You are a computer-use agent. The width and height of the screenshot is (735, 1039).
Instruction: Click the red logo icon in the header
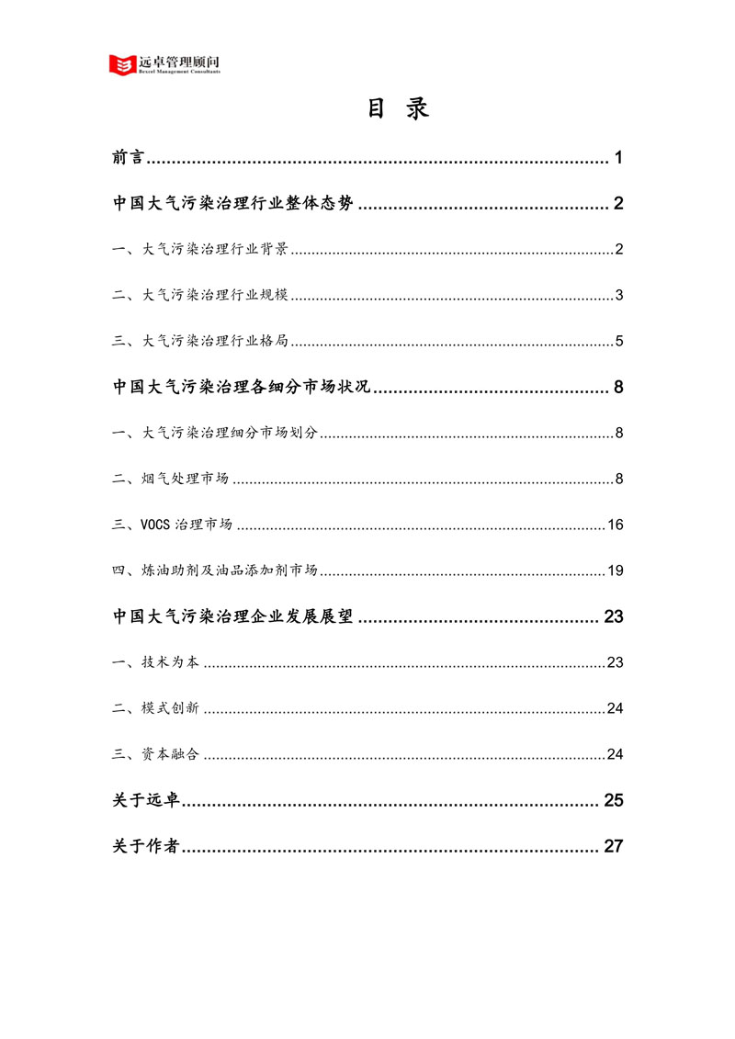point(121,64)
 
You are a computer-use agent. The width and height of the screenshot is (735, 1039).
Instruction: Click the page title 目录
point(399,109)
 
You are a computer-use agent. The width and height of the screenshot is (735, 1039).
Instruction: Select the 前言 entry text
point(128,158)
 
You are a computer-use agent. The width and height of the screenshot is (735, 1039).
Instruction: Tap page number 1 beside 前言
point(619,158)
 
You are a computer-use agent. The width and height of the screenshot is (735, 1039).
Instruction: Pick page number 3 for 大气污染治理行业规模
point(620,296)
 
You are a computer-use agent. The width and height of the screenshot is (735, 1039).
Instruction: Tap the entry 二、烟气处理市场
point(171,480)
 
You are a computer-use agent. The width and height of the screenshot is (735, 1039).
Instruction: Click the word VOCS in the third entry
point(156,525)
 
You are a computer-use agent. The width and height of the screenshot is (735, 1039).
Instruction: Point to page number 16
point(616,525)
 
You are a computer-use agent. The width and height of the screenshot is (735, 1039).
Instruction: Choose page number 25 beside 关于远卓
point(614,800)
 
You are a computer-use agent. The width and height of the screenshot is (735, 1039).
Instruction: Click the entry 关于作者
point(145,846)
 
